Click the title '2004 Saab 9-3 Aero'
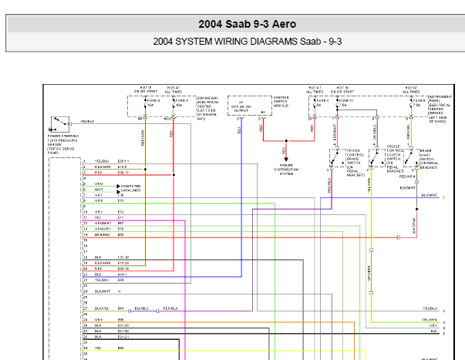(x=231, y=24)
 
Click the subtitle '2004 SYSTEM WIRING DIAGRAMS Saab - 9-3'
(x=231, y=42)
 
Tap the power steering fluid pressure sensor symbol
(x=57, y=122)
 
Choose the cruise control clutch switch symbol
(x=376, y=158)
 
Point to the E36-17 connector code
(x=123, y=173)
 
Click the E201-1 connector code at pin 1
(x=124, y=161)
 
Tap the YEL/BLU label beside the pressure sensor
(x=86, y=122)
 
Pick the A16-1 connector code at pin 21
(x=123, y=274)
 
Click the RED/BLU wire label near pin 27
(x=170, y=309)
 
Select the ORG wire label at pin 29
(x=99, y=320)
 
